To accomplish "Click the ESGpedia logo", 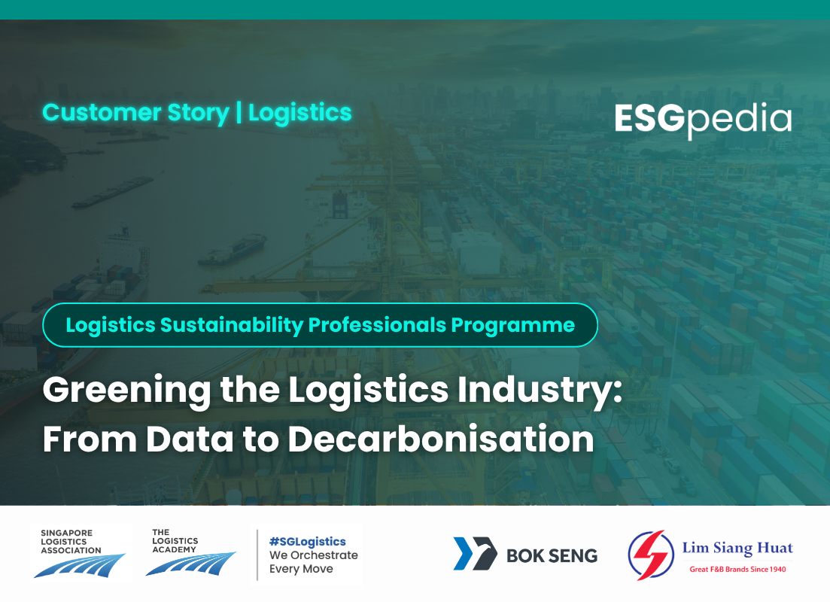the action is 703,120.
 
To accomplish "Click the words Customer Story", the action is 136,113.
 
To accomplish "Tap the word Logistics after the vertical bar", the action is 300,113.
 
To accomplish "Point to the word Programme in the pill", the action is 512,325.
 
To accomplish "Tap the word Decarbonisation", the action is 441,439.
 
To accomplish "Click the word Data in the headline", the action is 190,439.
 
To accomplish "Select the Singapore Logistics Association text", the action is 71,542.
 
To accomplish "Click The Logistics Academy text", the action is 175,541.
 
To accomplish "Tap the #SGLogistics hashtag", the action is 308,541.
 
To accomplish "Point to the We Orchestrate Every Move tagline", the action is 313,562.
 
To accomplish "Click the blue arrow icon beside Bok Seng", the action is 475,553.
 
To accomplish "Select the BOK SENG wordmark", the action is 552,555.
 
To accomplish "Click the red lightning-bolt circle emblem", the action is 651,555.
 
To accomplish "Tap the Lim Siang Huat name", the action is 737,548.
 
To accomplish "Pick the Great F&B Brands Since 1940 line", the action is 737,569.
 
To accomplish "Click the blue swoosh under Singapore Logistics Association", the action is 80,566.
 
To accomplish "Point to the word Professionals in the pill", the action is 377,325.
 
